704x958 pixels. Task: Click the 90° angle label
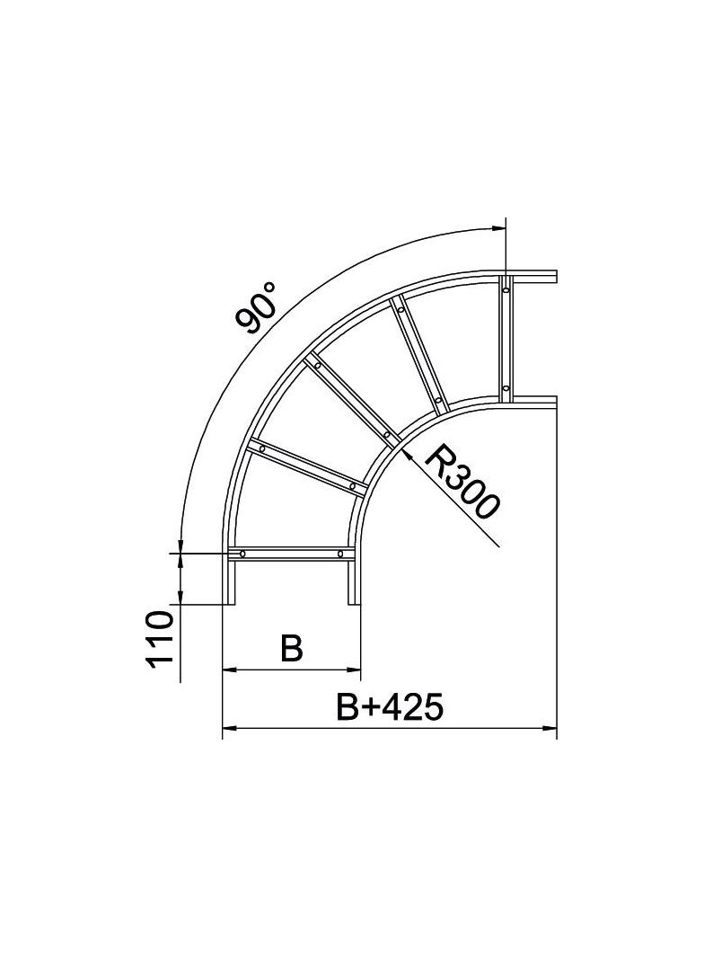[258, 307]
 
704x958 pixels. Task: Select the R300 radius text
[460, 483]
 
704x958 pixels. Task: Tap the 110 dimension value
[159, 639]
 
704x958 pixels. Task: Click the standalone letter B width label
[291, 649]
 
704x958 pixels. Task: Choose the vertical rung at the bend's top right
[506, 339]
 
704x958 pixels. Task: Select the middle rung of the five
[351, 399]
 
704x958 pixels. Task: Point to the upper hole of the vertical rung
[506, 288]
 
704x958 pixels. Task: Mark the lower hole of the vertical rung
[506, 389]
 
